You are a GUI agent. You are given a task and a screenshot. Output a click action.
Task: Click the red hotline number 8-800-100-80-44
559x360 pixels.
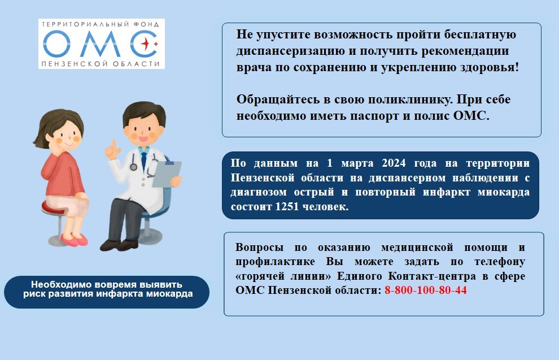point(426,290)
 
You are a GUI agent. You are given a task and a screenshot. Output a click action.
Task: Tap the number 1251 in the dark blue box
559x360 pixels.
point(287,207)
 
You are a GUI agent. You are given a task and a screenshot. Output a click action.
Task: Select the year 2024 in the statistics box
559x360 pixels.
point(394,163)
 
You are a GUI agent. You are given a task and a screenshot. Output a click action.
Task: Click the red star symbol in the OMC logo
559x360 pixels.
point(146,44)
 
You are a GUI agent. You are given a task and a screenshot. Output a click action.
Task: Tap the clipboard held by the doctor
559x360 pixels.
point(167,174)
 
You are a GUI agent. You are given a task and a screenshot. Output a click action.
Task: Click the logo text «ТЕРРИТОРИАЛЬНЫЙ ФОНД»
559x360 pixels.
point(100,24)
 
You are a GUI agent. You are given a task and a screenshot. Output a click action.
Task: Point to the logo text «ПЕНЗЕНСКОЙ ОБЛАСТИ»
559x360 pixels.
point(100,64)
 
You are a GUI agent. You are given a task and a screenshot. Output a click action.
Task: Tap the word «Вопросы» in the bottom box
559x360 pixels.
point(260,248)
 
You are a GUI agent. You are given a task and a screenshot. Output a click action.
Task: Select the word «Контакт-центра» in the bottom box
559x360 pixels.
point(432,276)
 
